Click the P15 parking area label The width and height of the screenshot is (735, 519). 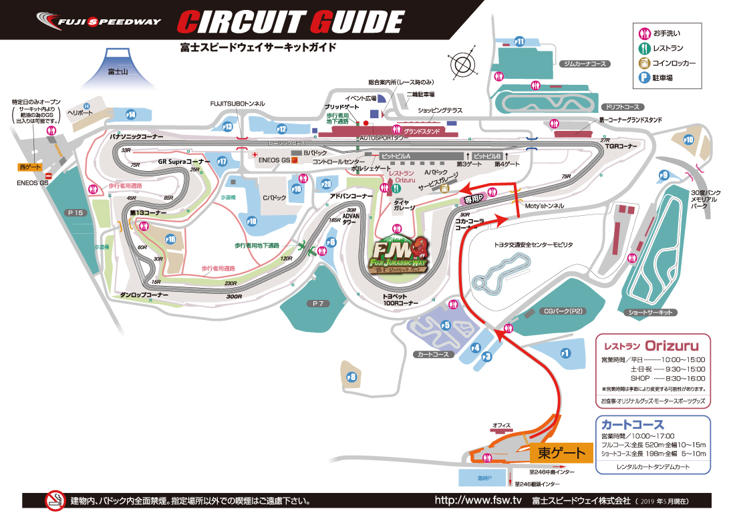[76, 212]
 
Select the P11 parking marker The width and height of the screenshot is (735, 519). [520, 41]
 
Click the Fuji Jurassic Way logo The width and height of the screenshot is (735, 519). [399, 256]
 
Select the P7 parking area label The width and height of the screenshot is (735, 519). [317, 304]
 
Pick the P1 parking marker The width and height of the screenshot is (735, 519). [565, 353]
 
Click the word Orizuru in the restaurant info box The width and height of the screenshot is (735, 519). [672, 346]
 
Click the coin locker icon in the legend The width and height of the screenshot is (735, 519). [644, 63]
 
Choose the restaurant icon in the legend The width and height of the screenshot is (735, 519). [644, 48]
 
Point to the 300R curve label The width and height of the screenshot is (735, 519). [233, 295]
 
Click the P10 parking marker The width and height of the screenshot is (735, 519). [688, 140]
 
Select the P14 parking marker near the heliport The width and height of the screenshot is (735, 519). [131, 114]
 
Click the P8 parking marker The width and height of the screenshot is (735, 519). [352, 377]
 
